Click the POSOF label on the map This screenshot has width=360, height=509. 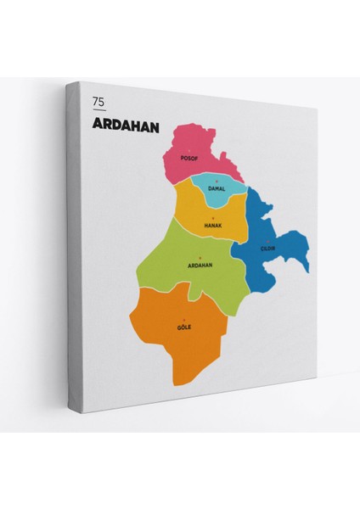click(x=188, y=159)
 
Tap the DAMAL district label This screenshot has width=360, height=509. click(x=217, y=188)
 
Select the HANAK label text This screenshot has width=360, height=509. click(x=212, y=226)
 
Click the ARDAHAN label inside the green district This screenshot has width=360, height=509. click(x=199, y=265)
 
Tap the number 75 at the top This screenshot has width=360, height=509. click(x=99, y=102)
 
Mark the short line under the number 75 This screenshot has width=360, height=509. click(x=99, y=109)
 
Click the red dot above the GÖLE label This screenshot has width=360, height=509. click(x=184, y=319)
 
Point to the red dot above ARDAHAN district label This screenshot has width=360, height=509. click(x=199, y=257)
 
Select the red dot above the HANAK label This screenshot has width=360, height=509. click(x=212, y=218)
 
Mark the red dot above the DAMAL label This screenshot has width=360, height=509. click(x=217, y=182)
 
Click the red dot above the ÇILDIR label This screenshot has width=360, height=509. click(x=269, y=241)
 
